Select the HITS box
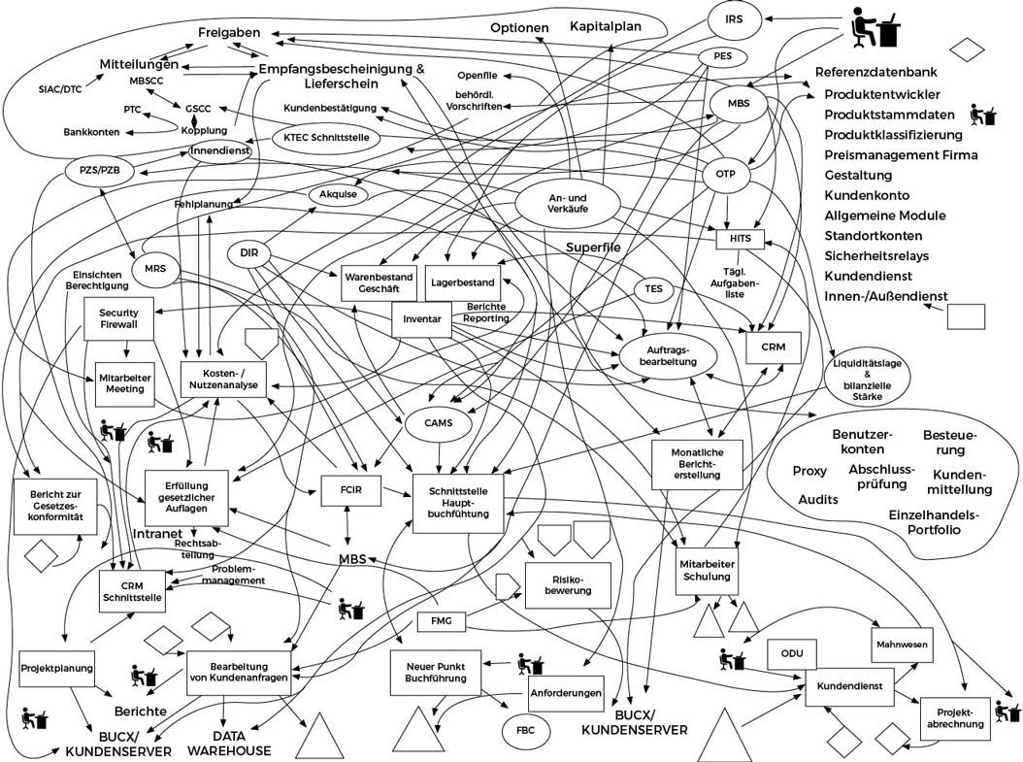tap(741, 239)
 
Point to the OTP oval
tap(726, 176)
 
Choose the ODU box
tap(791, 652)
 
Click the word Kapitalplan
tap(607, 26)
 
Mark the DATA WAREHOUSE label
tap(229, 743)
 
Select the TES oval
tap(653, 289)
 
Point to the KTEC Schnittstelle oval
tap(326, 138)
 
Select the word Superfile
tap(594, 248)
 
